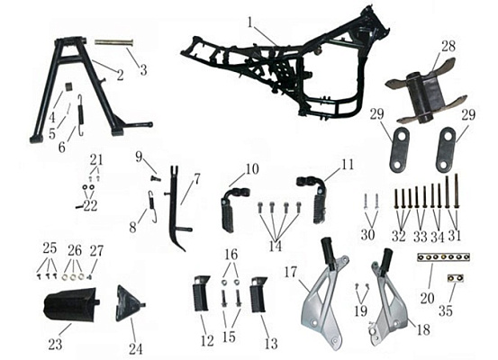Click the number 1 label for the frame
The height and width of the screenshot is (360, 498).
pyautogui.click(x=250, y=22)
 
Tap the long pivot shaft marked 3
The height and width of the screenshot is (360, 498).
pyautogui.click(x=113, y=42)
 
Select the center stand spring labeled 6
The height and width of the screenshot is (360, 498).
pyautogui.click(x=81, y=115)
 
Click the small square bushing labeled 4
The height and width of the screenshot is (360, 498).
pyautogui.click(x=69, y=87)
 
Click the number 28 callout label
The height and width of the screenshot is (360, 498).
pyautogui.click(x=448, y=46)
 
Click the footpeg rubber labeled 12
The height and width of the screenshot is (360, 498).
pyautogui.click(x=202, y=294)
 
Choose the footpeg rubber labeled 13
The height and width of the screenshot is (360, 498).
pyautogui.click(x=258, y=294)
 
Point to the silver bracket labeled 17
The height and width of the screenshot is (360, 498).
pyautogui.click(x=325, y=292)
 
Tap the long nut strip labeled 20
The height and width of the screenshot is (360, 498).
pyautogui.click(x=443, y=256)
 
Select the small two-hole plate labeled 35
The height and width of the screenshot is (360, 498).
pyautogui.click(x=456, y=278)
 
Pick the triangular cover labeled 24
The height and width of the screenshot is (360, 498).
pyautogui.click(x=131, y=303)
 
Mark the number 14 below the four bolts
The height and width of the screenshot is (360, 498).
pyautogui.click(x=275, y=246)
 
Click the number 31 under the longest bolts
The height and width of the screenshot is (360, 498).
pyautogui.click(x=454, y=236)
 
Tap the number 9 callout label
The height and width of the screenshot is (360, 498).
pyautogui.click(x=139, y=157)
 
